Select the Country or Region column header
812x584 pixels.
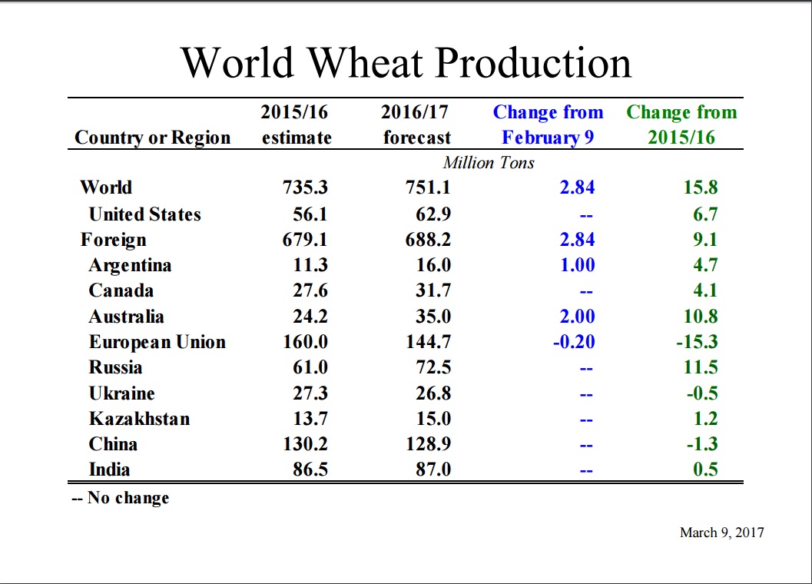152,138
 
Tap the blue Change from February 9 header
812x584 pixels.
548,124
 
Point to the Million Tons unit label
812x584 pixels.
489,163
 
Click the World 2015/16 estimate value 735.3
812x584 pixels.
306,187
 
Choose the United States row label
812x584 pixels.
144,214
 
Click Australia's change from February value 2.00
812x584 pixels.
577,317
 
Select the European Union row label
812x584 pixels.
157,342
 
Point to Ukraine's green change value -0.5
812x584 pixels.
701,393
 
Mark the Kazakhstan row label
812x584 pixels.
139,419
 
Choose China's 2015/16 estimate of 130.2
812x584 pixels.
306,444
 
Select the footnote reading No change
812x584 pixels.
121,498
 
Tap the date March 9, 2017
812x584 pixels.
721,533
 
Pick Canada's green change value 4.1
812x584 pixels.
705,291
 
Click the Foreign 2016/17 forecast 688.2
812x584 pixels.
428,240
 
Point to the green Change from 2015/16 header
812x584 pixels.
681,124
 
